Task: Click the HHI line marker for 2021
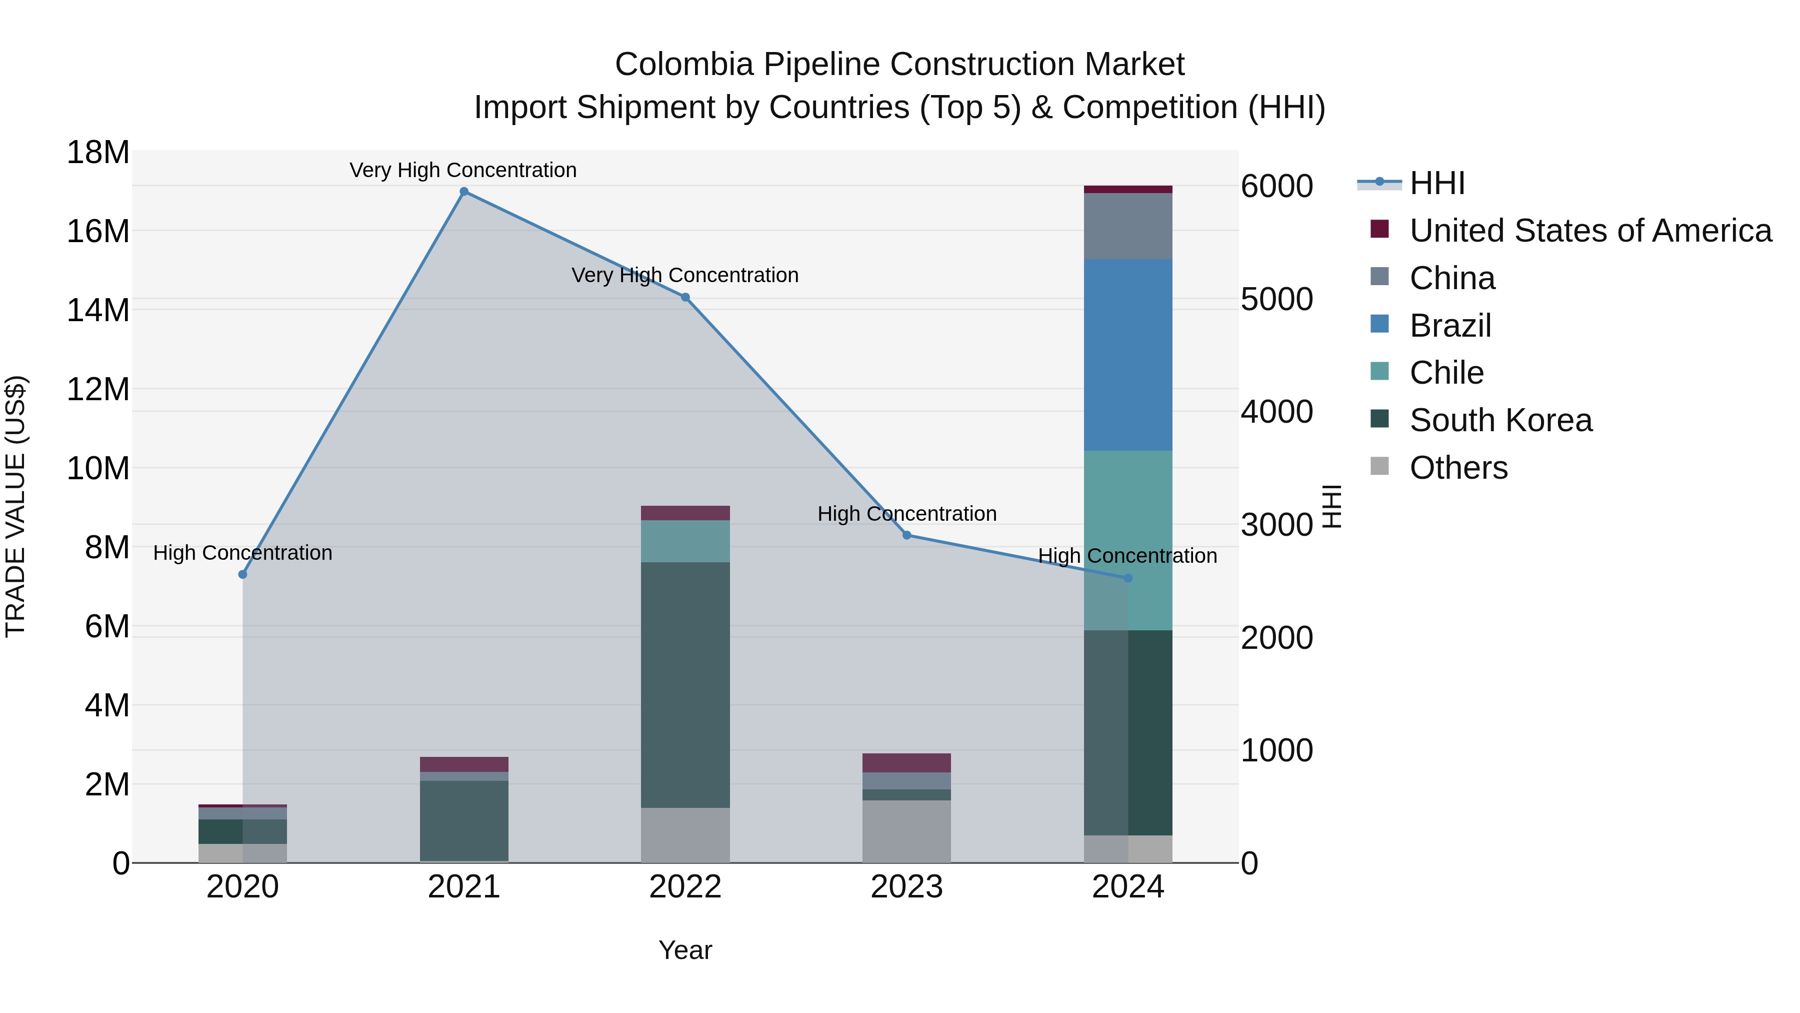tap(464, 192)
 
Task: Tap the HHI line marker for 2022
tap(685, 297)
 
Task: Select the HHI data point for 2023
tap(907, 535)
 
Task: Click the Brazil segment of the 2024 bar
tap(1128, 355)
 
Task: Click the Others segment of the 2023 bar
tap(907, 831)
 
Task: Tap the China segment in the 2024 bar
tap(1128, 226)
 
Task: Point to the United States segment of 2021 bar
tap(464, 764)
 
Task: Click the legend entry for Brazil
tap(1450, 326)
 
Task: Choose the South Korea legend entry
tap(1500, 420)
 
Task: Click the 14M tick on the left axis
tap(98, 310)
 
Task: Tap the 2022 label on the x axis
tap(685, 887)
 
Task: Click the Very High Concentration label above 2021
tap(463, 170)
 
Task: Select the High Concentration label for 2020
tap(242, 552)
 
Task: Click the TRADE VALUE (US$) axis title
tap(15, 506)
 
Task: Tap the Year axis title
tap(685, 950)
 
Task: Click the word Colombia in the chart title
tap(684, 65)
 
